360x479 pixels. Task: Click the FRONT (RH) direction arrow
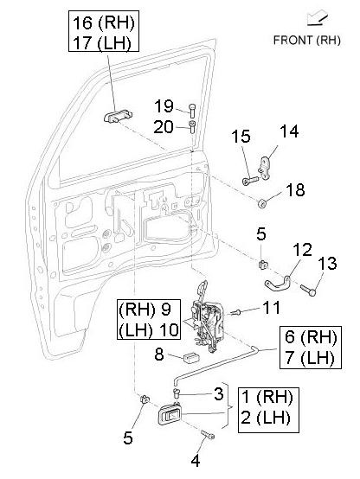[318, 18]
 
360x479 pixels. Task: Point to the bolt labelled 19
[192, 111]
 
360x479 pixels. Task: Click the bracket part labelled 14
[264, 169]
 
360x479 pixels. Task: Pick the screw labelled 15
[250, 180]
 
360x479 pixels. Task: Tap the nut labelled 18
[262, 203]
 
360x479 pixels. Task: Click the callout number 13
[327, 263]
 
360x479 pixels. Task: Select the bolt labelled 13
[308, 290]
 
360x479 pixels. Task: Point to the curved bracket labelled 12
[278, 284]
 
